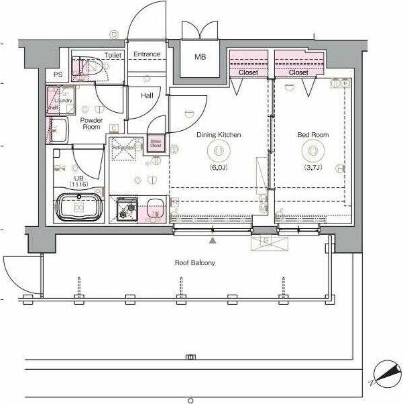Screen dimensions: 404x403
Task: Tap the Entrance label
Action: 147,54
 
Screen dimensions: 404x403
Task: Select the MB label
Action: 200,57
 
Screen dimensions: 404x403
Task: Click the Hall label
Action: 148,96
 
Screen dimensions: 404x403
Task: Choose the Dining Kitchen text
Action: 219,135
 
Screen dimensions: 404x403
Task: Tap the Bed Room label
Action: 313,135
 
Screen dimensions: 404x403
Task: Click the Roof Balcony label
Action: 195,263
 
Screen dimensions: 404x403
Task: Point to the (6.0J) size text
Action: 219,167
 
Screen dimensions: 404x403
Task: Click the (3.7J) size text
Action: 313,167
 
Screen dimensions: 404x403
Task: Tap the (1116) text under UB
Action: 79,183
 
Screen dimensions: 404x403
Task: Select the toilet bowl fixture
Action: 91,66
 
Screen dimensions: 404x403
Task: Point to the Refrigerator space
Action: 124,150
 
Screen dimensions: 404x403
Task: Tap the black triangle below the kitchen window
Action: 213,238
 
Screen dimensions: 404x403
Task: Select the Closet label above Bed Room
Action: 298,72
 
